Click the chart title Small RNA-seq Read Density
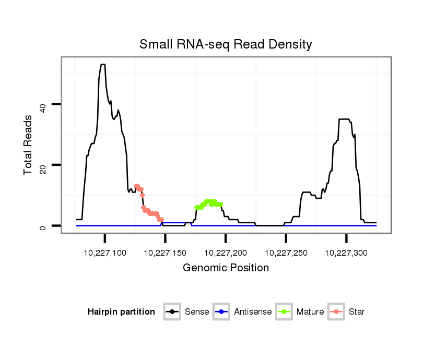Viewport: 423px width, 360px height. [226, 44]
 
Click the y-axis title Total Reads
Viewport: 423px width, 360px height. [28, 145]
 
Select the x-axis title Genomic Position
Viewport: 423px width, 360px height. [226, 268]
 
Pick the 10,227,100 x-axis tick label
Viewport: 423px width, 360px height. [105, 253]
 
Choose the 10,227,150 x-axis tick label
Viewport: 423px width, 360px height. [166, 253]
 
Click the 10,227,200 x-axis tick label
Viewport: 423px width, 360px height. [226, 253]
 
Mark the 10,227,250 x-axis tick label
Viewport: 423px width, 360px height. [286, 253]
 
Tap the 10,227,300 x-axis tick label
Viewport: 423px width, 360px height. [346, 253]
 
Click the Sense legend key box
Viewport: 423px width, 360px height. [172, 312]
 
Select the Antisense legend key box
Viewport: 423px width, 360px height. [222, 312]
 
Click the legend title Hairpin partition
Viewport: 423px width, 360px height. [121, 312]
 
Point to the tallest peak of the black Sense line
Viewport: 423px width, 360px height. [103, 65]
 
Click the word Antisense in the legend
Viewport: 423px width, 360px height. [253, 312]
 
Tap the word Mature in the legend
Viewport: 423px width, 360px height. [310, 312]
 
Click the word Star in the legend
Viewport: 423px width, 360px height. [357, 312]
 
